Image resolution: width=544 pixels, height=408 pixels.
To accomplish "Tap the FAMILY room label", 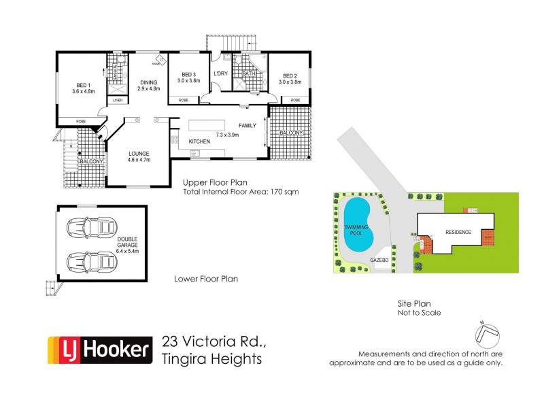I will (x=248, y=126).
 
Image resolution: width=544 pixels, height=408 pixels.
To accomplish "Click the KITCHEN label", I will (x=199, y=141).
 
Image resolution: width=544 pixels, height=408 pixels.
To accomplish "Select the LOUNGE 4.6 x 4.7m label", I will (x=139, y=156).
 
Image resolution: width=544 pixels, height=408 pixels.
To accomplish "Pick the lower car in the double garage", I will (x=90, y=260).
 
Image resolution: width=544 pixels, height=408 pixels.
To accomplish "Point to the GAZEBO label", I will (x=379, y=260).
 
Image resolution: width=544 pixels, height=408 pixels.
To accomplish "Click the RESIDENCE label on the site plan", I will (x=458, y=232).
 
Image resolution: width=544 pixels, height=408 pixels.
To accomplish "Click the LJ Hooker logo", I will (x=99, y=350).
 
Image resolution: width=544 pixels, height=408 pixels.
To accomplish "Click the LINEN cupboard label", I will (x=118, y=100).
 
